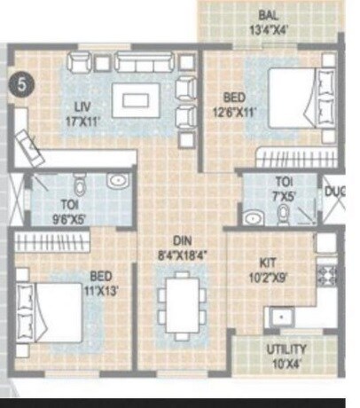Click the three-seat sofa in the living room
point(143,61)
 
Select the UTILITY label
point(286,349)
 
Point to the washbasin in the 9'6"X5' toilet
point(117,182)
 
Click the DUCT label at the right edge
point(334,190)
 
